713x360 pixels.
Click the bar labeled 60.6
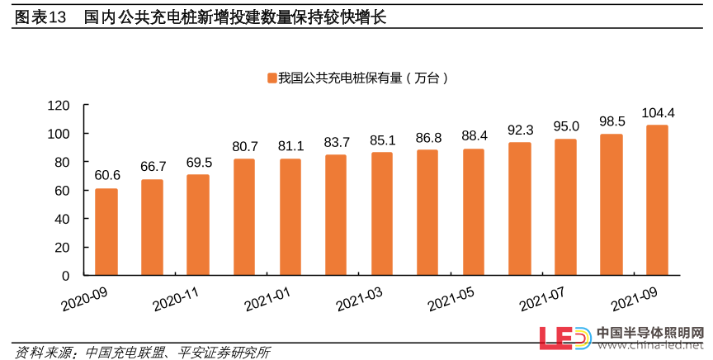tap(106, 232)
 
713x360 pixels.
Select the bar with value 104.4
tap(657, 200)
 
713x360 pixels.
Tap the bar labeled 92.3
tap(519, 209)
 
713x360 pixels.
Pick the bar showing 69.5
tap(198, 225)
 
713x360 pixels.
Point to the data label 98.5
tap(611, 121)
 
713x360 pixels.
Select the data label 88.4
tap(475, 135)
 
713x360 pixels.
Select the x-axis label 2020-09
tap(85, 295)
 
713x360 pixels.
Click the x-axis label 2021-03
tap(359, 295)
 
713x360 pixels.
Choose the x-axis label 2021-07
tap(542, 295)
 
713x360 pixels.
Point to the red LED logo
tap(564, 339)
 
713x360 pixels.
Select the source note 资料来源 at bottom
tap(41, 351)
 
